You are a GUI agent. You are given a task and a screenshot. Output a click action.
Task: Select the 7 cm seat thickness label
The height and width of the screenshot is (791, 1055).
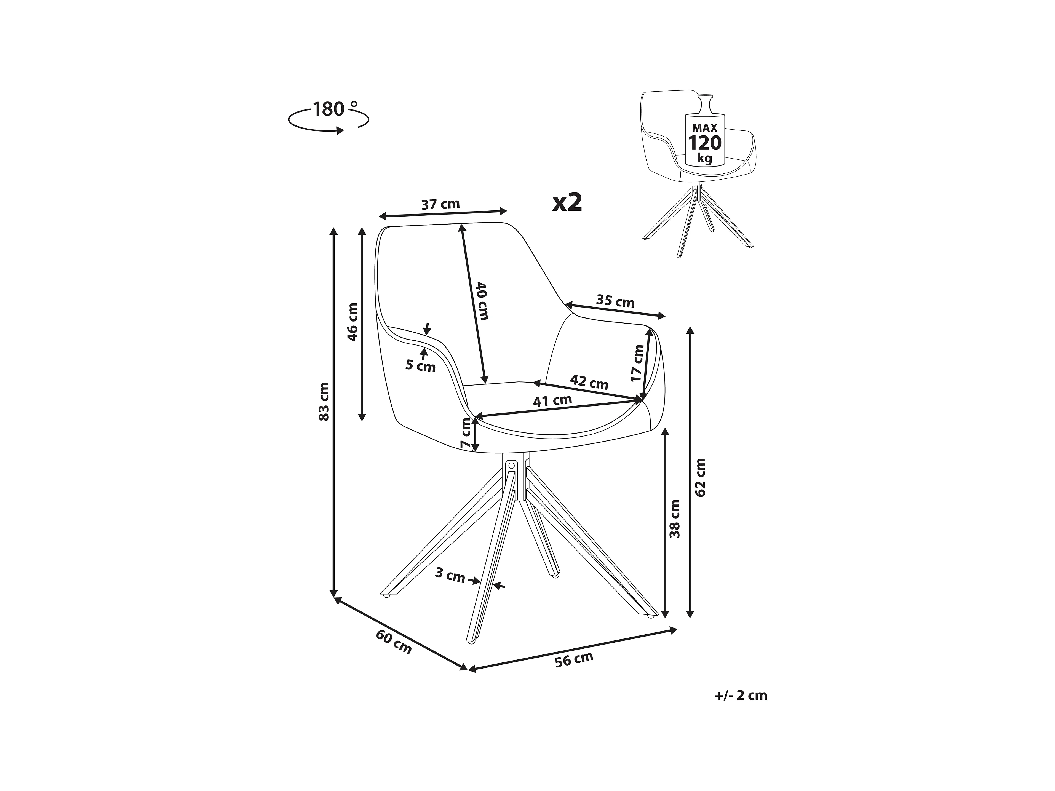[x=466, y=433]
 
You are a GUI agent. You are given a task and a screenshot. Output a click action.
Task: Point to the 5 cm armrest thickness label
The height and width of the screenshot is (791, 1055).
[x=421, y=366]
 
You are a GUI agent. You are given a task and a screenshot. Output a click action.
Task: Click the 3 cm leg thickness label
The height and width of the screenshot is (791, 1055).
[x=450, y=576]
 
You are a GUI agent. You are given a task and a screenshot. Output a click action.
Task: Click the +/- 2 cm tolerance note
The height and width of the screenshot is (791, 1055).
[x=741, y=695]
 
